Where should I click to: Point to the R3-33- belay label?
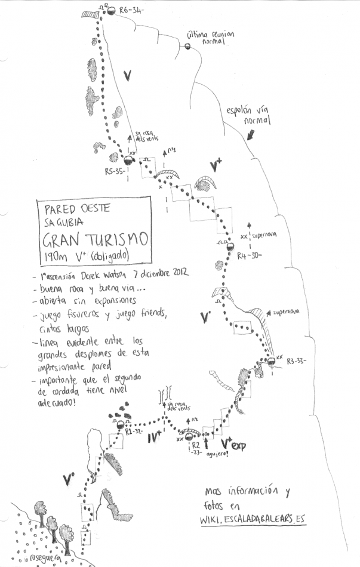[296, 360]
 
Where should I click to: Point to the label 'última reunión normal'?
[211, 39]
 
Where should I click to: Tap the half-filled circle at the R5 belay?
[127, 161]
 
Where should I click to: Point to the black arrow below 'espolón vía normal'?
[251, 135]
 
